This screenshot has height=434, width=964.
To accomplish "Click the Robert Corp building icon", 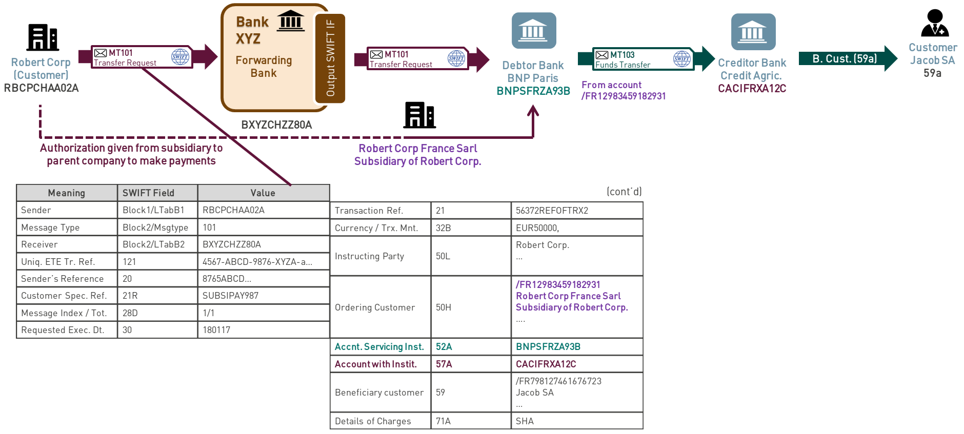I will point(43,37).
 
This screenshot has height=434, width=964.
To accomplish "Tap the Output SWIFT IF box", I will point(330,58).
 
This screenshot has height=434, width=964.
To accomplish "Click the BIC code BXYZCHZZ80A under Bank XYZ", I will point(276,125).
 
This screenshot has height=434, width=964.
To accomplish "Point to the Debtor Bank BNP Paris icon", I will point(533,31).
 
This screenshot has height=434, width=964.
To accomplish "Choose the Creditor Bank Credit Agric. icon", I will point(753,32).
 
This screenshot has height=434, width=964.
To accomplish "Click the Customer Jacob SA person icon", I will point(934,24).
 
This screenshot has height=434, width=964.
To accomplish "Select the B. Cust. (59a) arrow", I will point(846,59).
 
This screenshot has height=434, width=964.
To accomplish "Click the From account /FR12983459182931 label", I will point(623,91).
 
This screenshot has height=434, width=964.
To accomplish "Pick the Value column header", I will point(263,193).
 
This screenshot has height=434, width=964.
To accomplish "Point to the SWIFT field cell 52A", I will point(444,347).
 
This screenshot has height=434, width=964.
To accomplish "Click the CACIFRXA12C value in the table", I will point(546,364).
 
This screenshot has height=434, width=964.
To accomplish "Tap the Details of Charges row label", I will point(373,421).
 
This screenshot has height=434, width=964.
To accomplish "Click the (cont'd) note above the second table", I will point(624,192).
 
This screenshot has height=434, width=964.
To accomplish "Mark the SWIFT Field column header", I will point(148,193).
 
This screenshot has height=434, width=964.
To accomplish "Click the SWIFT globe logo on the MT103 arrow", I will point(681,58).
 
